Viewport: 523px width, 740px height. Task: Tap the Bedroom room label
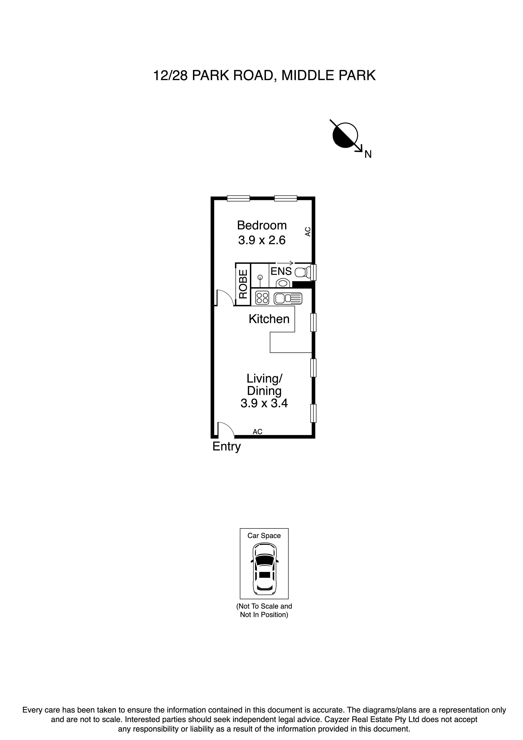click(x=262, y=225)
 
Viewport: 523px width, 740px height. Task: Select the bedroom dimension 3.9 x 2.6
click(x=262, y=240)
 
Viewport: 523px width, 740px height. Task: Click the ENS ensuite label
click(x=281, y=271)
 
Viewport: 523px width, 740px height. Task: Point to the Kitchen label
click(x=269, y=319)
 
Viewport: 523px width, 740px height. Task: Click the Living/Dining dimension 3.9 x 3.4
click(x=264, y=403)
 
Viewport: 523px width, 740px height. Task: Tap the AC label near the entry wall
click(x=257, y=432)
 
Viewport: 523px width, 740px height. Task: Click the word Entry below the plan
click(x=226, y=447)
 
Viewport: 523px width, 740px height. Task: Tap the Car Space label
click(x=264, y=536)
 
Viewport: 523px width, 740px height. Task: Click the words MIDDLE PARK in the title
click(x=328, y=76)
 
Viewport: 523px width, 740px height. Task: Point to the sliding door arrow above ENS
click(x=285, y=263)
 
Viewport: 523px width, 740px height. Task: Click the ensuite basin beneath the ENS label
click(x=283, y=283)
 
